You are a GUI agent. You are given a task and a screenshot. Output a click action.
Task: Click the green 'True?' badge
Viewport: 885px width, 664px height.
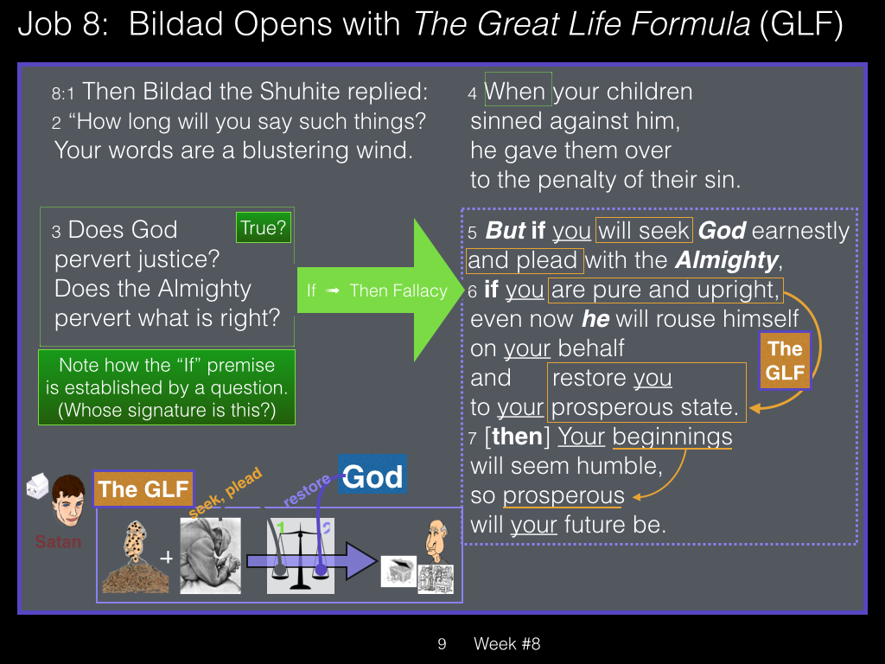(264, 227)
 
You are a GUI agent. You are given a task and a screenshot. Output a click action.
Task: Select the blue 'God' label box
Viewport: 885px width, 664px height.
(372, 475)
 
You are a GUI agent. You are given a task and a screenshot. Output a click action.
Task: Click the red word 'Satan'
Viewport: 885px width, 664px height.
(58, 542)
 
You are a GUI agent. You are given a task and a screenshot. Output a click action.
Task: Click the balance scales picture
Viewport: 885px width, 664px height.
(300, 556)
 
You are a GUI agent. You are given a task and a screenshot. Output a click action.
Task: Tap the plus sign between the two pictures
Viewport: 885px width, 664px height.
(166, 558)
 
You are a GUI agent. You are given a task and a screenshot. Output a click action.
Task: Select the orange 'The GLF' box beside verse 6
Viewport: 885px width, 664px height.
(785, 361)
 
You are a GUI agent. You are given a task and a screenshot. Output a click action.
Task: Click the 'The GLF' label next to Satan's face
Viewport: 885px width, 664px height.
(143, 489)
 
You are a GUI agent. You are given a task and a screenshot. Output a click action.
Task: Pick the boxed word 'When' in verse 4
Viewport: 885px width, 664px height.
(519, 90)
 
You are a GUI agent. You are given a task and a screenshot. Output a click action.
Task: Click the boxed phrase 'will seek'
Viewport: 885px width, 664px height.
(644, 230)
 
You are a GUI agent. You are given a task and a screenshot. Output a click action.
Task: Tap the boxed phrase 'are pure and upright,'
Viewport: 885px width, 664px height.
(665, 290)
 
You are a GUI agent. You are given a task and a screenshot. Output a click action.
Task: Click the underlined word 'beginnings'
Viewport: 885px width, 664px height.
(672, 437)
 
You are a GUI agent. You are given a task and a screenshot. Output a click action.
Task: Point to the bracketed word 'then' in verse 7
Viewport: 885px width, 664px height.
(517, 437)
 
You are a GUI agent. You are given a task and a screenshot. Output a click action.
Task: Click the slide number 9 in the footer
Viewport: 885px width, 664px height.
(442, 643)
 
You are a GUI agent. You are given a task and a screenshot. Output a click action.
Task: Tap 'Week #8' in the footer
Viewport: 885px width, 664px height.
(506, 643)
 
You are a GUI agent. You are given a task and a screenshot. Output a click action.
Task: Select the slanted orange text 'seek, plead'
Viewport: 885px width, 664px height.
(226, 492)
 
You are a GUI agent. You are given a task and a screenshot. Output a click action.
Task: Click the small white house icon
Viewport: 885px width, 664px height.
(38, 486)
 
